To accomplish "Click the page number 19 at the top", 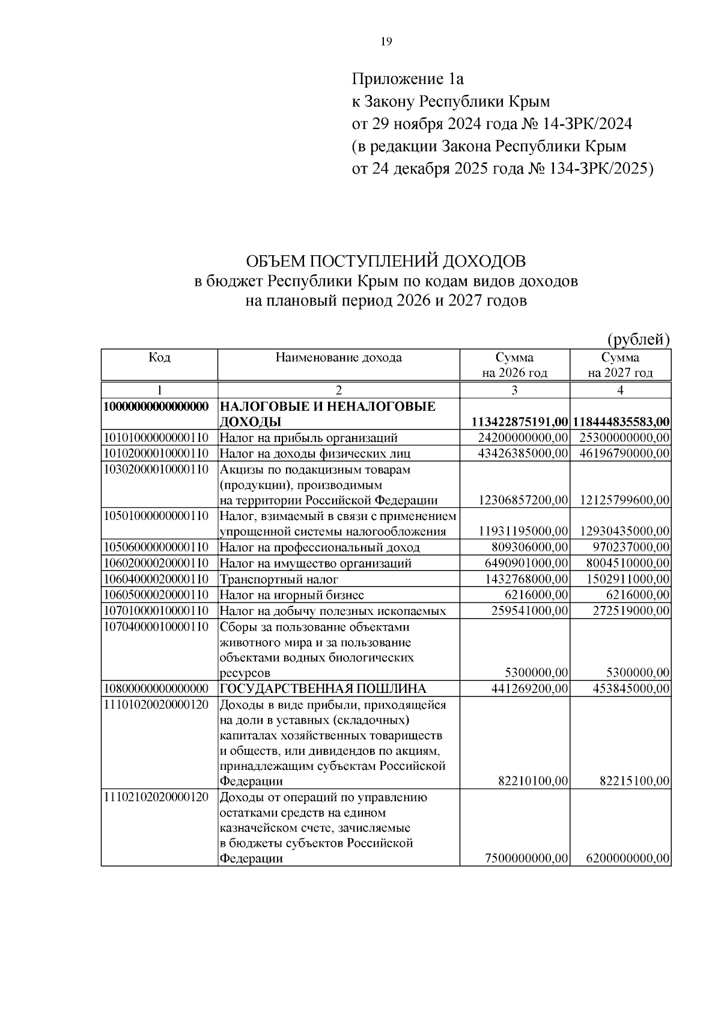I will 386,41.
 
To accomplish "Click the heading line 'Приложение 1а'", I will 408,79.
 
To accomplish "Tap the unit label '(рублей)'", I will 639,339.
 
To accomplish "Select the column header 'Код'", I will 159,358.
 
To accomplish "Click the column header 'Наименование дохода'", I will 338,358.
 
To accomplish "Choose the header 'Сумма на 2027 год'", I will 620,365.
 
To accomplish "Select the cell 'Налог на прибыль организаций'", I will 308,438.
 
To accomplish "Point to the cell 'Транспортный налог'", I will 278,579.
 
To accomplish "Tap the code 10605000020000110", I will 156,594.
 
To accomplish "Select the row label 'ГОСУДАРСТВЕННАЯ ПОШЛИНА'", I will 322,688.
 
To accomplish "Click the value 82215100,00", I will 634,781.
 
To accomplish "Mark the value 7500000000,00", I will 526,858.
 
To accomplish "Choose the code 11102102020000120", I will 156,797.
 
